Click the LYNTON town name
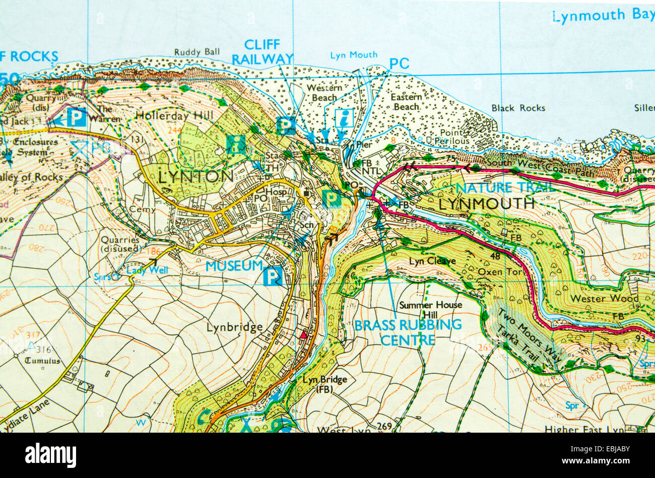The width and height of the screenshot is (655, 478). tap(195, 176)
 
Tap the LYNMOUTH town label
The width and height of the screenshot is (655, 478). tap(486, 203)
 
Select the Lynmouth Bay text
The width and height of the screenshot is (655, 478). tap(603, 16)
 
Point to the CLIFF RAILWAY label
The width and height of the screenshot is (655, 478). tap(262, 52)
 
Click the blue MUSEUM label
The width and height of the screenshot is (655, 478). tap(234, 265)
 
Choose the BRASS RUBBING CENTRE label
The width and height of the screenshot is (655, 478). tap(408, 332)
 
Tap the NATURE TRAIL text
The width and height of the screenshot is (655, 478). tap(505, 188)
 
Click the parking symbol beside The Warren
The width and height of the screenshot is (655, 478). tap(77, 118)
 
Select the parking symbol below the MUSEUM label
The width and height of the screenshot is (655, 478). tap(273, 277)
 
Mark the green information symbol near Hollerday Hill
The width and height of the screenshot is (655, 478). tap(236, 144)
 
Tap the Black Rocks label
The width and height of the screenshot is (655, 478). tap(518, 108)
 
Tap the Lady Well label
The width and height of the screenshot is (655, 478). tap(147, 270)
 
